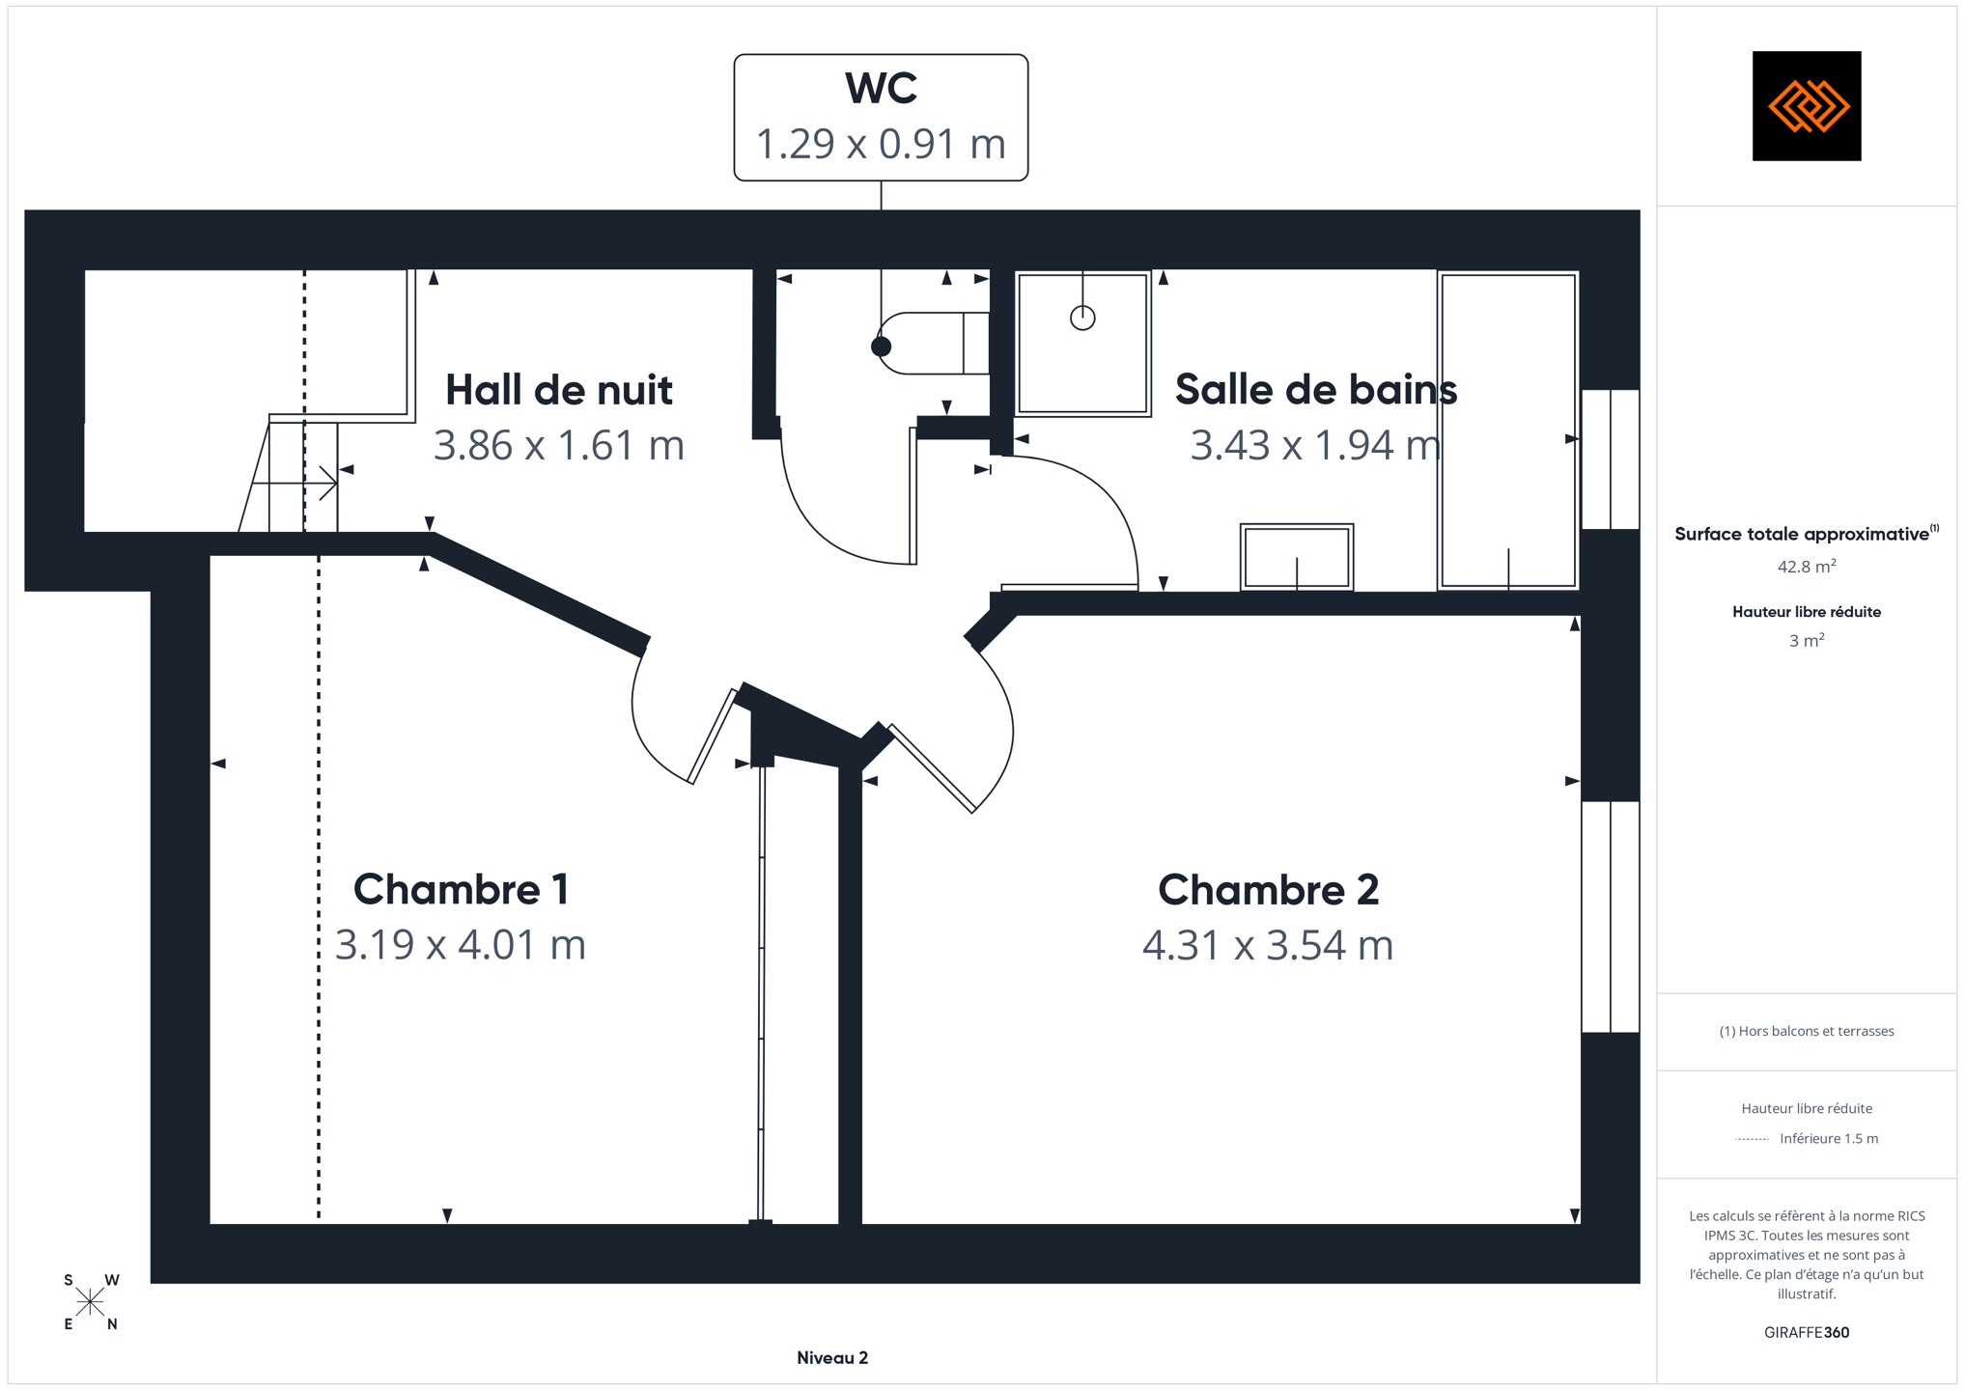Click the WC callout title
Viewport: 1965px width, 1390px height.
[881, 88]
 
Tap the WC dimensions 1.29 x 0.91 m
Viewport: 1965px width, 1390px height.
[881, 144]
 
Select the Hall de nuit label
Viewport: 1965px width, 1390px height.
[559, 390]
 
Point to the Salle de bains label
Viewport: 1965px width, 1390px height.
[1315, 390]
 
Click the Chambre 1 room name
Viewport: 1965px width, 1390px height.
[461, 889]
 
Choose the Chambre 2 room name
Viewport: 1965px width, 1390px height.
[1268, 890]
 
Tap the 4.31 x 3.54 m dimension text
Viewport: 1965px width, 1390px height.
[1268, 945]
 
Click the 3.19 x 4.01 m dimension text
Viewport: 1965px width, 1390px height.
[461, 944]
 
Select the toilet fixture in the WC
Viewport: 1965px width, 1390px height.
[932, 344]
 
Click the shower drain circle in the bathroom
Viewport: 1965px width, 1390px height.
[1082, 318]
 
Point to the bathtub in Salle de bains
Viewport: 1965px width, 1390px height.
[1508, 431]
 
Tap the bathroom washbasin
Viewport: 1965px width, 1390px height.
[1297, 557]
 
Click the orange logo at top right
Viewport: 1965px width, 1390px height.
[1807, 106]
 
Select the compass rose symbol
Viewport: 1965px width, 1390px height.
[90, 1302]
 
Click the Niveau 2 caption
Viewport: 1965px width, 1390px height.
[832, 1358]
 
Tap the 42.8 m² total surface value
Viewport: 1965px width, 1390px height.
[1807, 567]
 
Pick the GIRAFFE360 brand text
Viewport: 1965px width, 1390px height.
[1807, 1333]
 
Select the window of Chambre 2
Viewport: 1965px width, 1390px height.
[1611, 917]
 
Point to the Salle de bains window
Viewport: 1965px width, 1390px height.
[1611, 459]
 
